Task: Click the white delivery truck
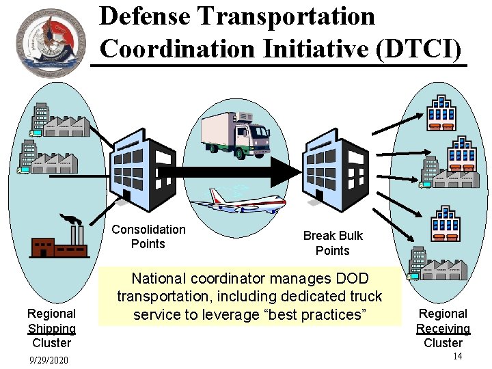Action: click(x=236, y=133)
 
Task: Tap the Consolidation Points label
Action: click(x=148, y=236)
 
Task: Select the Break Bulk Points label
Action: click(x=333, y=243)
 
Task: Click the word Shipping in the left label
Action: click(x=51, y=328)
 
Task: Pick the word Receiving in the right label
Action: click(x=443, y=328)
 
